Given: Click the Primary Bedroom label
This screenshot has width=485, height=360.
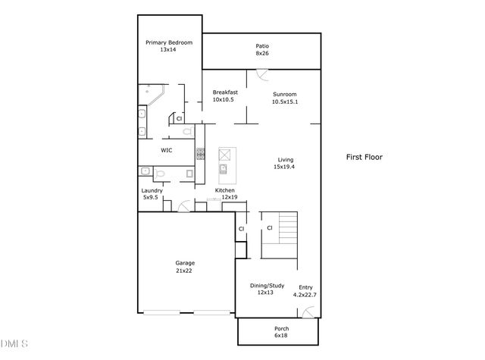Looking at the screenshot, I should pos(169,43).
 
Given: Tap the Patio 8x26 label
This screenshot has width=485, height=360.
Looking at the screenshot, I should pos(261,46).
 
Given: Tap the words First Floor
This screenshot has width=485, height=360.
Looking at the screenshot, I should pos(365,158).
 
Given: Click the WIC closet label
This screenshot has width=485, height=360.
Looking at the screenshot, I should pos(166,151).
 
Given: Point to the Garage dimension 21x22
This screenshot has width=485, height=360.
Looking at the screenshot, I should pos(185,270).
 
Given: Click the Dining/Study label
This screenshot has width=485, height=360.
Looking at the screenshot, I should pos(268,286).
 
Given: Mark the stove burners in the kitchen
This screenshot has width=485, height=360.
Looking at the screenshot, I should pos(201,153).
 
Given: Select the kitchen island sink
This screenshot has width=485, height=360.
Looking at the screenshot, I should pos(224,167).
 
